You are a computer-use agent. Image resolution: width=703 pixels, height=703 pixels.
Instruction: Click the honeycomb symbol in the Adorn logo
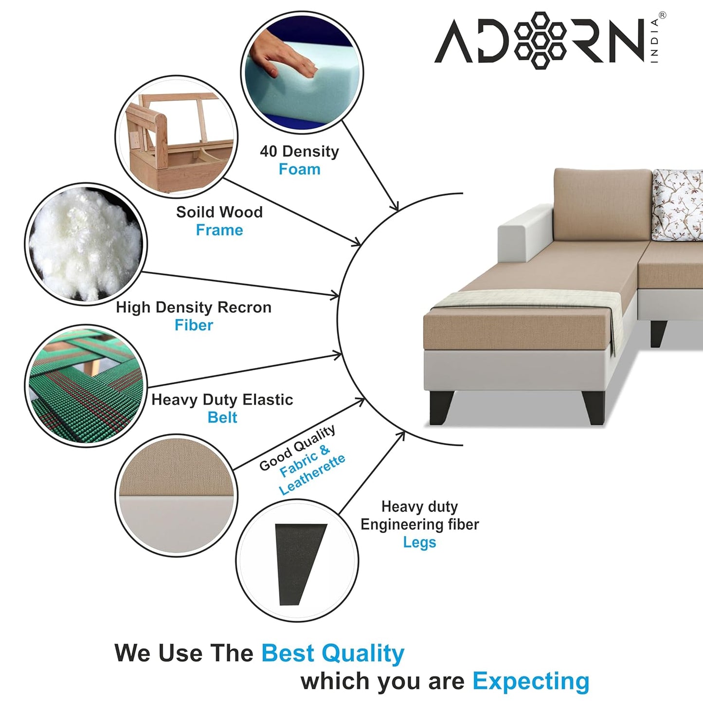tap(540, 40)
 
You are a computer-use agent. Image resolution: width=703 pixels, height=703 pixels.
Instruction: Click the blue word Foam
tap(299, 169)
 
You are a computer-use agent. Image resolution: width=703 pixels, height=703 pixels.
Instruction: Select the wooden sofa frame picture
tap(176, 137)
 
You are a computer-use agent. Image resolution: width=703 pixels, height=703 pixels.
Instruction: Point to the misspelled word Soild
tap(195, 212)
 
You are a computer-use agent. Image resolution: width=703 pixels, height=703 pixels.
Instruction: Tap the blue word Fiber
tap(194, 325)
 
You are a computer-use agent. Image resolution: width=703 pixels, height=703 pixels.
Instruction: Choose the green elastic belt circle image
tap(86, 386)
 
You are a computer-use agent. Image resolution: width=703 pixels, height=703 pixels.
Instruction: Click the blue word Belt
tap(222, 417)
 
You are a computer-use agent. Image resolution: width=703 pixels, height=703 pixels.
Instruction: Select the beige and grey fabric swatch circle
tap(176, 495)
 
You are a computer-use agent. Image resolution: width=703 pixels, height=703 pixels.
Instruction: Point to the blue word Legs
tap(419, 542)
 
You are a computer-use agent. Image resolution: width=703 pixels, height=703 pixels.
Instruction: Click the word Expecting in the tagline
tap(531, 681)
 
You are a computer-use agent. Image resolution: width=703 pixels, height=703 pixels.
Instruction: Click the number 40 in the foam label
tap(268, 151)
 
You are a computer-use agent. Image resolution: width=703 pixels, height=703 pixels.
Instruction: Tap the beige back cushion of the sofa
tap(602, 204)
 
